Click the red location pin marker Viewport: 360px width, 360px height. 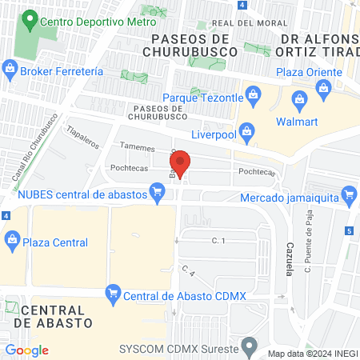point(181,165)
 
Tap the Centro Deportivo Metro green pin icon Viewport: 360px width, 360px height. point(30,18)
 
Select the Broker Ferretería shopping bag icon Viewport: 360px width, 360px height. point(10,70)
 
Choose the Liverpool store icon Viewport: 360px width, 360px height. point(247,130)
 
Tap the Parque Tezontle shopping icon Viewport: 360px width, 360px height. point(253,98)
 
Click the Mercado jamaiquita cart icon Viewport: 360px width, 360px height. point(348,194)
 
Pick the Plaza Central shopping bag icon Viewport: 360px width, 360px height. point(12,238)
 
